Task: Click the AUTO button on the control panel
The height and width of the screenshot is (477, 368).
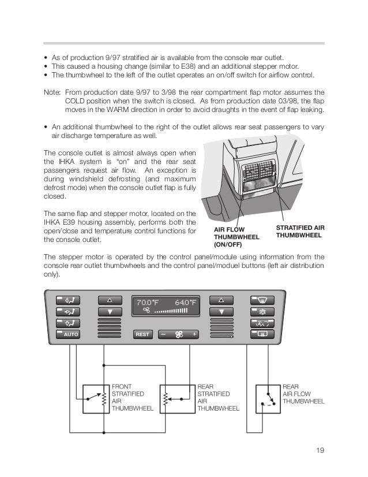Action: click(x=68, y=334)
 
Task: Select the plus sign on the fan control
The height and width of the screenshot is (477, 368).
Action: click(x=194, y=334)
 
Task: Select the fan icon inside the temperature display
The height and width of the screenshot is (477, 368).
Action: click(x=147, y=310)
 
